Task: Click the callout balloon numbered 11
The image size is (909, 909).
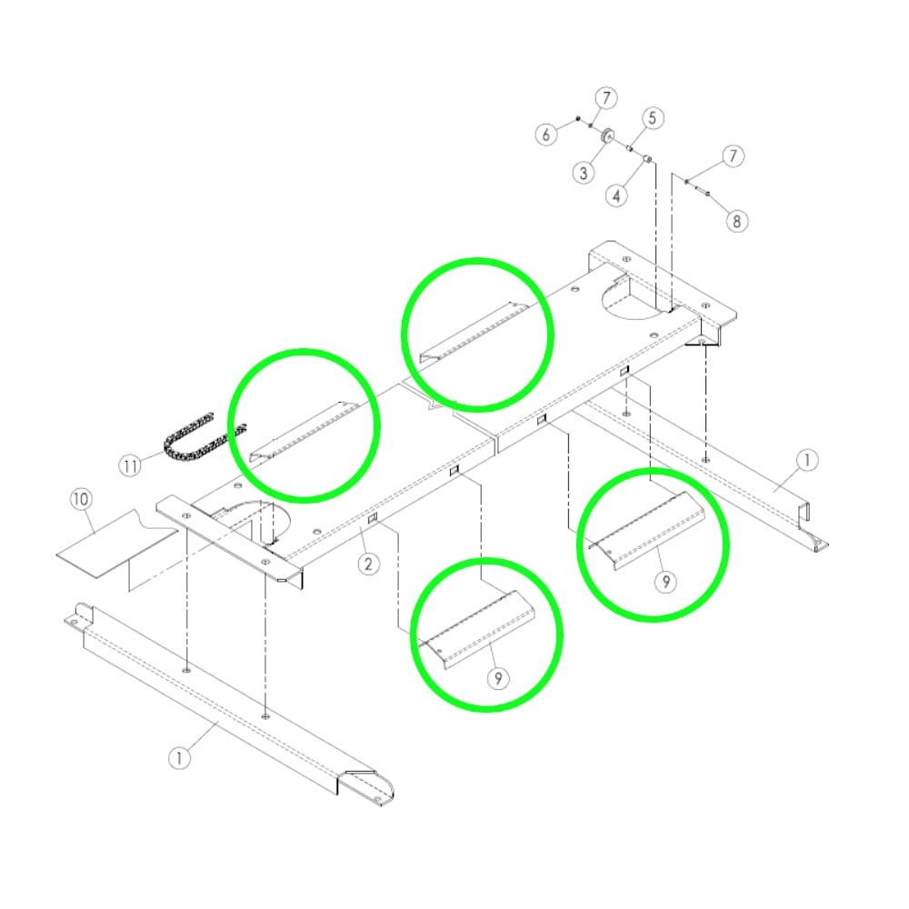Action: tap(130, 466)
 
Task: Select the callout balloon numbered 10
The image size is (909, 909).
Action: tap(81, 499)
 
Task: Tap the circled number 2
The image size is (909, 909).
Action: tap(368, 564)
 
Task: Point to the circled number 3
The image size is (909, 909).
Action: tap(584, 173)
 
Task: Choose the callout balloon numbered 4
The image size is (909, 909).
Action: tap(616, 195)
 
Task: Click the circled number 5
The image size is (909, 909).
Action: tap(652, 117)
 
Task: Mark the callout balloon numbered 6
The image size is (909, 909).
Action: tap(545, 135)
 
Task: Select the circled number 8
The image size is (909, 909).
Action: tap(736, 221)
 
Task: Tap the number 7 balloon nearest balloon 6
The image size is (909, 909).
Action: tap(606, 98)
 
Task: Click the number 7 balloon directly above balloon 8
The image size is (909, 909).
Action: tap(733, 156)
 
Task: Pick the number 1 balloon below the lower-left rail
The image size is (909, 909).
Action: tap(179, 758)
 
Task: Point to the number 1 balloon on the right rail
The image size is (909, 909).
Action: tap(806, 460)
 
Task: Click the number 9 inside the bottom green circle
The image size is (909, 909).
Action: tap(498, 678)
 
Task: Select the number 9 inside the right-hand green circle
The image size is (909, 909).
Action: tap(665, 582)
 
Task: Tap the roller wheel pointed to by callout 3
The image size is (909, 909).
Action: tap(607, 137)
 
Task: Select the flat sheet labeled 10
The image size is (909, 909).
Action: tap(116, 544)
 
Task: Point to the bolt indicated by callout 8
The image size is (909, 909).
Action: tap(697, 187)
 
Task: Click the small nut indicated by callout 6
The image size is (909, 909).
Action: tap(578, 119)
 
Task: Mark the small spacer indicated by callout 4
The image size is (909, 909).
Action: tap(648, 159)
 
